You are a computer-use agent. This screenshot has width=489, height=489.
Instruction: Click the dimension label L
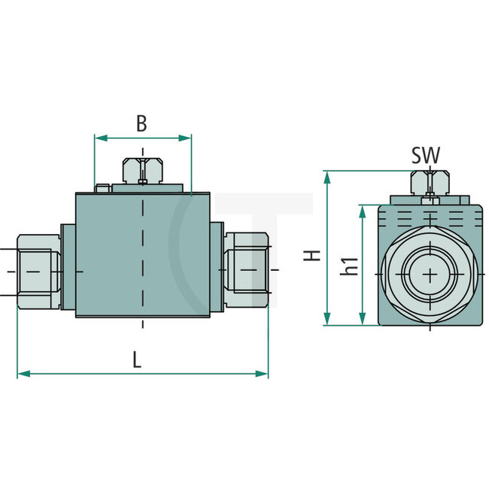tap(136, 360)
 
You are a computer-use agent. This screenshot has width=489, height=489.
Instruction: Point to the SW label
tap(425, 156)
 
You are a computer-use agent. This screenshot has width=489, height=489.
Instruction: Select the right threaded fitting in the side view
tap(246, 269)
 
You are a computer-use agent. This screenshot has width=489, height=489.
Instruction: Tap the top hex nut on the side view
tap(142, 169)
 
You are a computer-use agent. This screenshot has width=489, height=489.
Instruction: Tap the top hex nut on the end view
tap(430, 183)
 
